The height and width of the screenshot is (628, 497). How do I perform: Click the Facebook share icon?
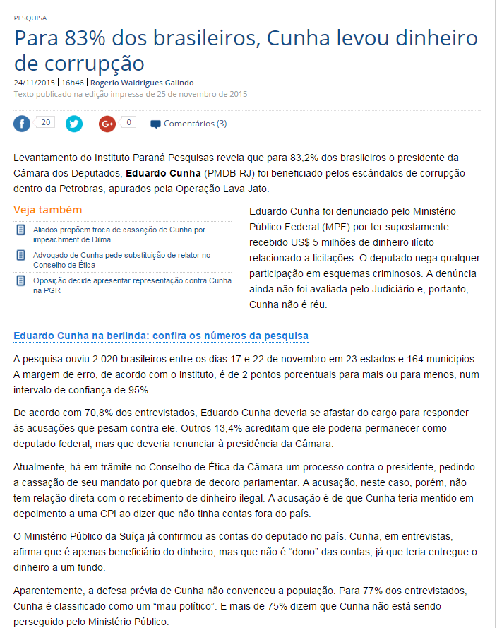[x=23, y=124]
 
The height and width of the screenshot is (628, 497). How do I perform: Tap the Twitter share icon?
[x=74, y=124]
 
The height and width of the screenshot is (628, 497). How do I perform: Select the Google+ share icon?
[x=107, y=124]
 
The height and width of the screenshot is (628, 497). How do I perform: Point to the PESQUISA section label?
[x=30, y=17]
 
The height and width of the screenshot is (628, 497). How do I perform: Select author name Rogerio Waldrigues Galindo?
[x=142, y=83]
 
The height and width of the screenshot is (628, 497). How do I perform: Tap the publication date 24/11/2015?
[x=35, y=83]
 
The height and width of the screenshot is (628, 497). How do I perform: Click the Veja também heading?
[x=48, y=210]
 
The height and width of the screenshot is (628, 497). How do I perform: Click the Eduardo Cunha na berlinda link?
[x=161, y=336]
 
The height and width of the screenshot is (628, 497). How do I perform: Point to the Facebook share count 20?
[x=45, y=122]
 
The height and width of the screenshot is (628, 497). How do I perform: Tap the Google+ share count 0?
[x=128, y=122]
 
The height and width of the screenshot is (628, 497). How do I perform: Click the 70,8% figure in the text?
[x=83, y=413]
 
